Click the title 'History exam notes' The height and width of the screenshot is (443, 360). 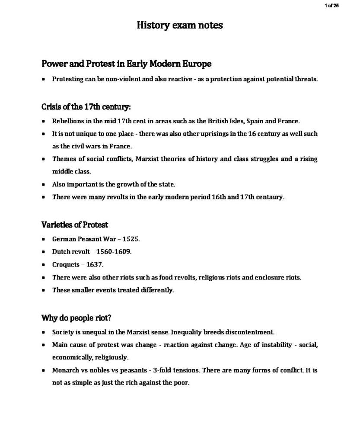click(180, 25)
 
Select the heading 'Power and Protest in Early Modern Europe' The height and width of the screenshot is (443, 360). click(127, 64)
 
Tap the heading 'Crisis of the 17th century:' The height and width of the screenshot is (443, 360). click(86, 106)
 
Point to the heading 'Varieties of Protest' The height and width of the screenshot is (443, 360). click(75, 225)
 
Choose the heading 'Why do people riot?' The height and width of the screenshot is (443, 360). click(76, 318)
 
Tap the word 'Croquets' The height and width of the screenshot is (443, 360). click(66, 264)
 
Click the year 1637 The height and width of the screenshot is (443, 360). click(95, 264)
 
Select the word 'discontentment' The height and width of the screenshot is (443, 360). click(250, 332)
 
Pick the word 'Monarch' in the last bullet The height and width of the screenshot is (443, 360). click(65, 370)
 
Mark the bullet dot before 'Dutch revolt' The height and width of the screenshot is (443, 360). click(44, 252)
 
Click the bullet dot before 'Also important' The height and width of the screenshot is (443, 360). click(44, 185)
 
